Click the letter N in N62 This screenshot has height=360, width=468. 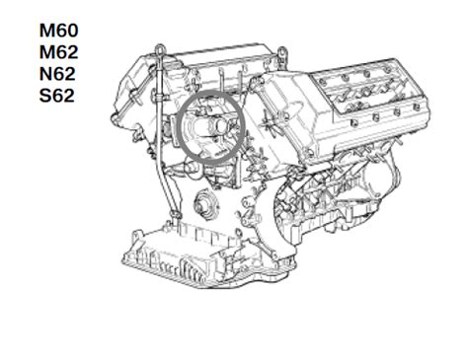point(45,75)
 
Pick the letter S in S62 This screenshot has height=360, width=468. point(45,97)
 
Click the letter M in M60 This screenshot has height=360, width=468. point(46,32)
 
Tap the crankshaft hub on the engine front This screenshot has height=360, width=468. point(206,206)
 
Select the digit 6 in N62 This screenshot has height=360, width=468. point(60,75)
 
